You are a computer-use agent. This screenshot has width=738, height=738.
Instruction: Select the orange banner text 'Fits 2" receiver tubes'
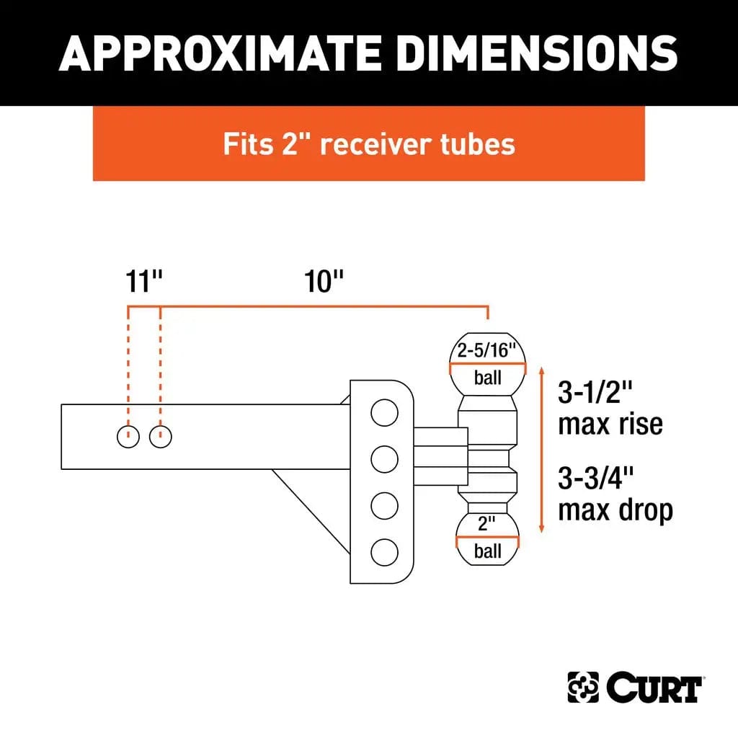click(x=369, y=144)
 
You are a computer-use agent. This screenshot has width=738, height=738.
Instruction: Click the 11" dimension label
click(x=143, y=282)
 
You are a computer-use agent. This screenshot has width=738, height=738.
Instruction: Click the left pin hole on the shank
click(x=128, y=436)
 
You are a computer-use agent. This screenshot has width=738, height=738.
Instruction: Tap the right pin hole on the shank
click(x=161, y=436)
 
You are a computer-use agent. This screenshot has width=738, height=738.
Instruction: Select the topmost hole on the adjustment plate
click(x=384, y=413)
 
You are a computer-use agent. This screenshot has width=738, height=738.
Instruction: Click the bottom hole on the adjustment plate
click(x=384, y=553)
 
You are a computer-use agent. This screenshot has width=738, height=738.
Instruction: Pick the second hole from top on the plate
click(x=384, y=458)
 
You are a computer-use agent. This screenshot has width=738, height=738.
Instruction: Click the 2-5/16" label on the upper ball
click(x=488, y=352)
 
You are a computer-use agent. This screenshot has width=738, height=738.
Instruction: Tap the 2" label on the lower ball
click(x=488, y=524)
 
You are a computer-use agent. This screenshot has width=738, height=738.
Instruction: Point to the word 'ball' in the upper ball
click(x=488, y=377)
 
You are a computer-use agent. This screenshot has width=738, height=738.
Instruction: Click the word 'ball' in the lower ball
click(x=488, y=552)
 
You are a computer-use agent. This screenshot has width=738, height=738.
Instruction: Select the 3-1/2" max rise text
click(x=610, y=408)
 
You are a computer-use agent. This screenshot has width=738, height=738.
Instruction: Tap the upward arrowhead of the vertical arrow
click(x=542, y=370)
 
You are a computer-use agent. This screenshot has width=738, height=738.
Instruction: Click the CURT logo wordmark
click(x=654, y=688)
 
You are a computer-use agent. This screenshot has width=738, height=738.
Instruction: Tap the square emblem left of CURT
click(x=583, y=688)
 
